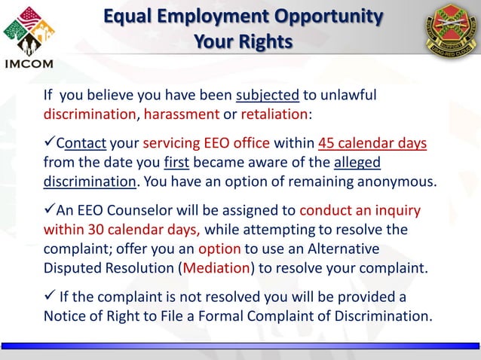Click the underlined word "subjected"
(x=268, y=96)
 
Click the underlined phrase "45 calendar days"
(x=372, y=144)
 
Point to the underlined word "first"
(x=177, y=163)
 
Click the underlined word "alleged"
(x=357, y=163)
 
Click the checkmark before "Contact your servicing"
(x=49, y=144)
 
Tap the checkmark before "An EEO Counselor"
(x=49, y=210)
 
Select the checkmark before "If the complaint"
(x=49, y=295)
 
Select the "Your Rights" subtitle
(x=243, y=41)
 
